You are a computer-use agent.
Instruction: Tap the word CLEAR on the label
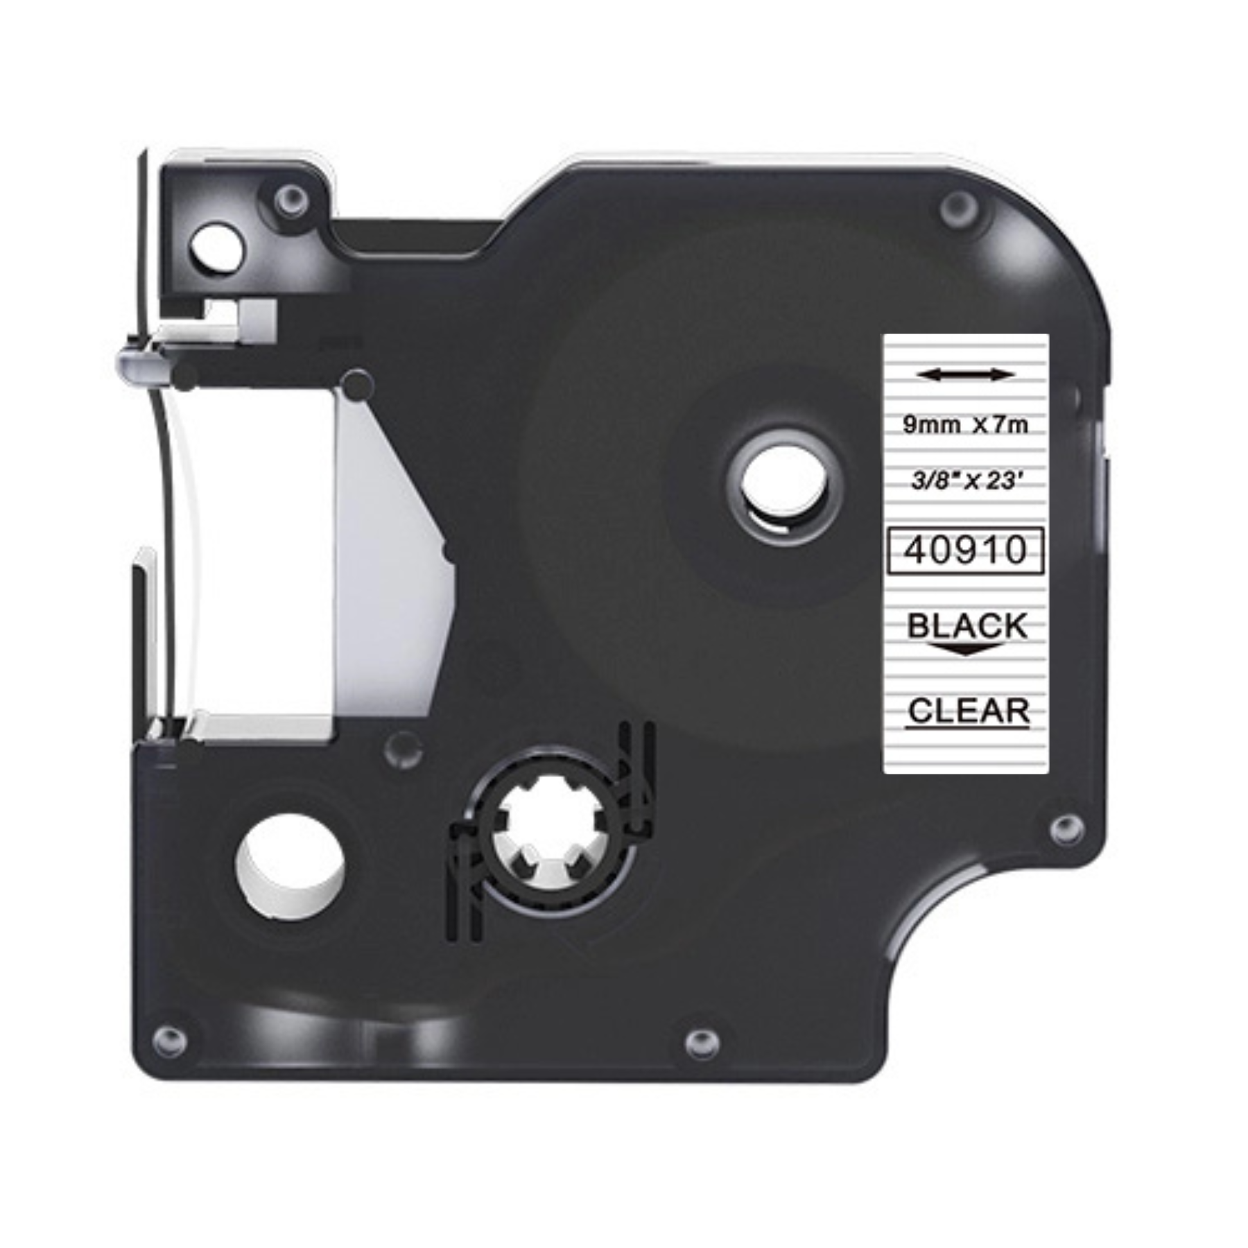coord(968,711)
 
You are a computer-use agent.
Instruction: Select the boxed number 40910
coord(965,551)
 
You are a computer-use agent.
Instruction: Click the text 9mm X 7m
coord(964,425)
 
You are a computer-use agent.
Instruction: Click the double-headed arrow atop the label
coord(964,375)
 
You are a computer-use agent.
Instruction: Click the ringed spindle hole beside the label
coord(784,485)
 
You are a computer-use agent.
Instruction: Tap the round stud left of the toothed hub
coord(404,749)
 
